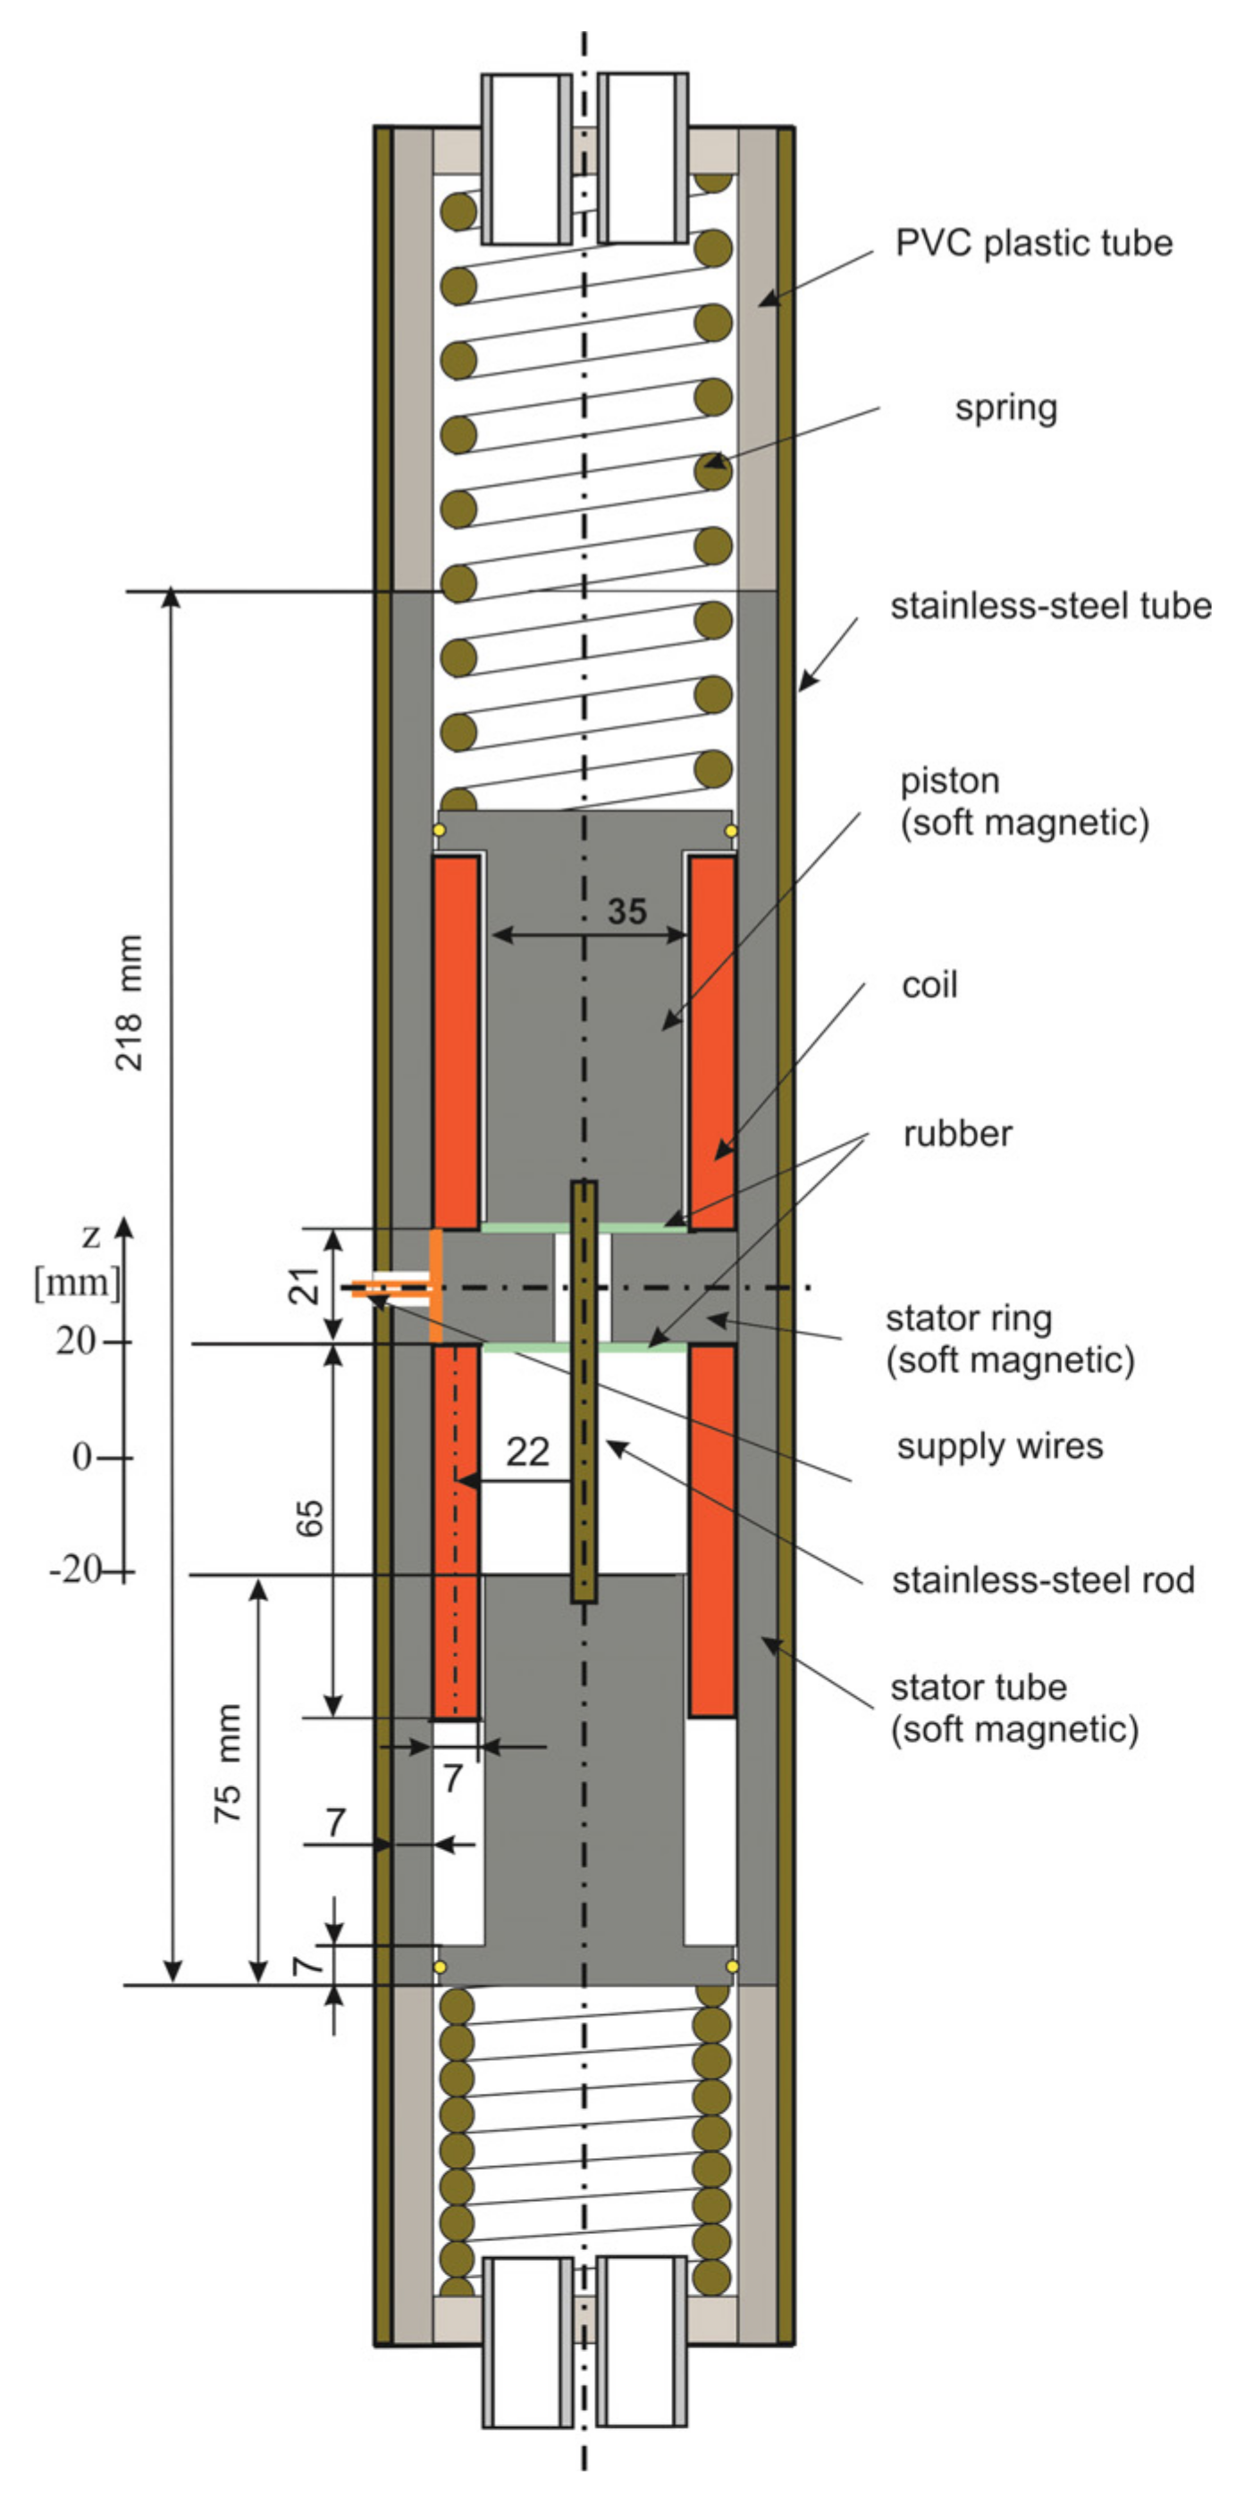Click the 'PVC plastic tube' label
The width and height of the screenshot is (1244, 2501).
(x=1033, y=243)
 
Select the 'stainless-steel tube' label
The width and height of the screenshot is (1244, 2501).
(x=1051, y=606)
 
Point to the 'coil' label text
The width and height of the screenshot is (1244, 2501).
(x=929, y=985)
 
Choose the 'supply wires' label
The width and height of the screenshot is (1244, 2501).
(x=999, y=1447)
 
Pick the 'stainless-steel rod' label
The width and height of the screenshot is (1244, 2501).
(x=1042, y=1581)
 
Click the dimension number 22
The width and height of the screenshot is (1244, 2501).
(x=527, y=1452)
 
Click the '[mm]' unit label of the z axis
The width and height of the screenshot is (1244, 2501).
(x=78, y=1284)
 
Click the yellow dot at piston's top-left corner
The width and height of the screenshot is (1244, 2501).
(x=439, y=831)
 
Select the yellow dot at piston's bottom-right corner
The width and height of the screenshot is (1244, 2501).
(x=732, y=1966)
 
